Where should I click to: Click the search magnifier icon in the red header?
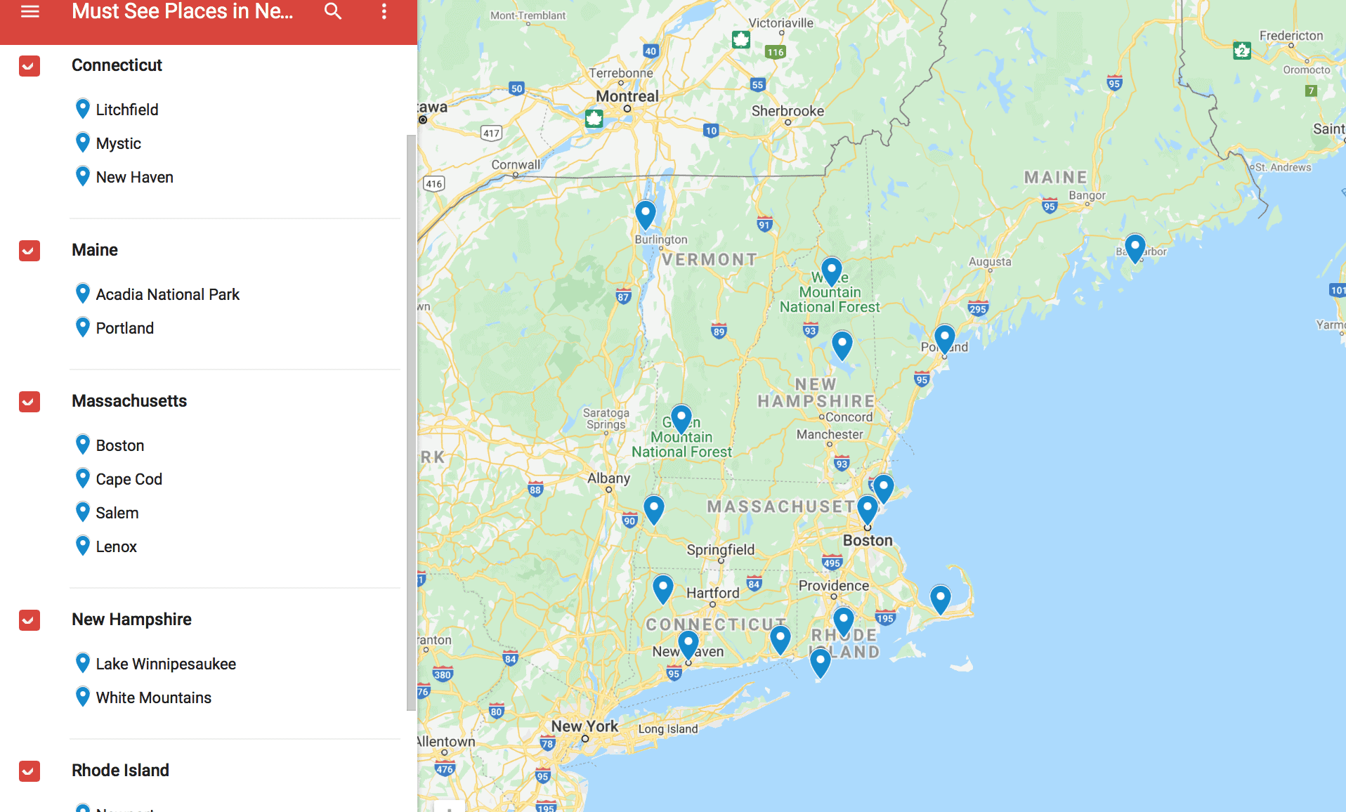coord(333,11)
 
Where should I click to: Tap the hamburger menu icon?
coord(30,11)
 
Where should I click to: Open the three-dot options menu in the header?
coord(384,11)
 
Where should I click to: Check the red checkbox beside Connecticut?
coord(30,66)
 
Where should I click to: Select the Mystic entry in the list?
coord(118,143)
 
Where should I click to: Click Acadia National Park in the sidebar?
coord(167,294)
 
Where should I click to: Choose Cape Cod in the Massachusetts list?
coord(129,479)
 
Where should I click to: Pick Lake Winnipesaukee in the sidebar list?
coord(166,664)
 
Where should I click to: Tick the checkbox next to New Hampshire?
coord(30,620)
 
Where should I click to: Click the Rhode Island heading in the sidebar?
coord(120,770)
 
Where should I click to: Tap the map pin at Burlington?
coord(645,213)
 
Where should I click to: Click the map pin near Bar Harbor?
coord(1135,247)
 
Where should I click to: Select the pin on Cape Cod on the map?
coord(940,598)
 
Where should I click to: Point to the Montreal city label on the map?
coord(627,96)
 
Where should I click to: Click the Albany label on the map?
coord(608,478)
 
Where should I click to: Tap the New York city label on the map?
coord(584,726)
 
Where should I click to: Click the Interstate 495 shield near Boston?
coord(832,563)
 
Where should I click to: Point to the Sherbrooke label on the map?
coord(788,111)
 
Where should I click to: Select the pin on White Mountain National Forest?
coord(831,270)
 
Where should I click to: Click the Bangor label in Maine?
coord(1087,195)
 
